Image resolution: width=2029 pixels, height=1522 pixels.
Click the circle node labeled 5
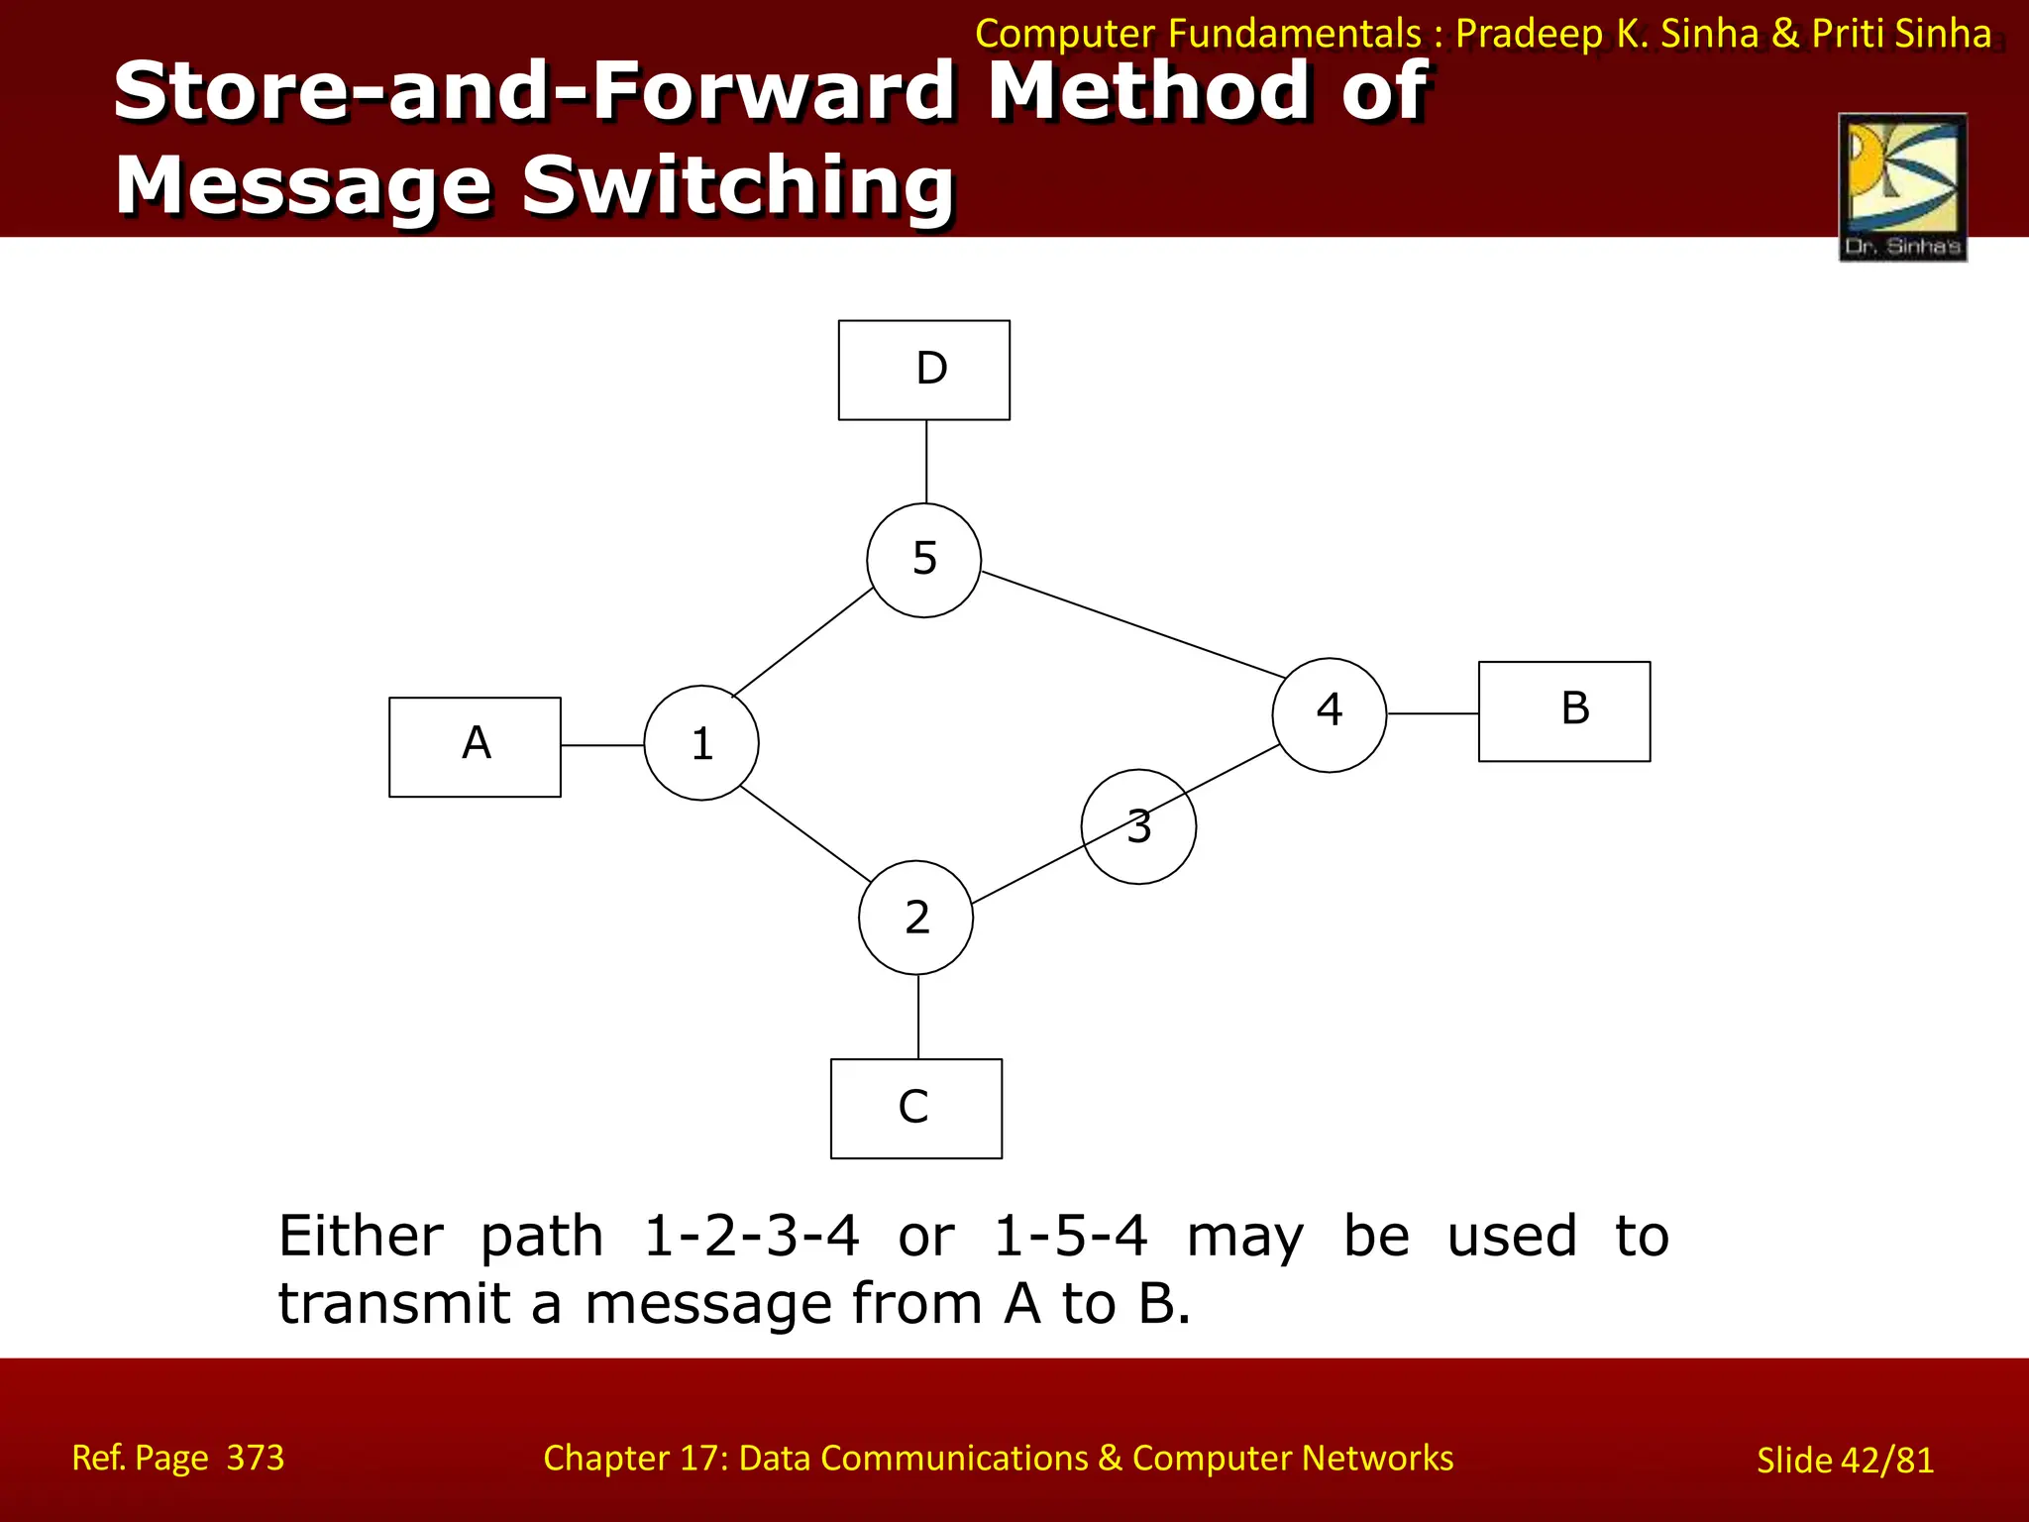[x=923, y=561]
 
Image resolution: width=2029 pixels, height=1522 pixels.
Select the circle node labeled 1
[x=701, y=743]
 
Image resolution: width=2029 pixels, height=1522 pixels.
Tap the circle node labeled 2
[x=915, y=918]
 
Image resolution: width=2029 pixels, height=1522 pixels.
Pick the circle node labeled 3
[x=1138, y=826]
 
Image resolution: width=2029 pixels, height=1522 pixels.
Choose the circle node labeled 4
[x=1329, y=714]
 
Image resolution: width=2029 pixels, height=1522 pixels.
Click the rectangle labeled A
[x=475, y=747]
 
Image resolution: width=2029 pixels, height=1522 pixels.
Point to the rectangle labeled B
[x=1563, y=711]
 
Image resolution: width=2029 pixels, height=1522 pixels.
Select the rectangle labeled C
[x=915, y=1108]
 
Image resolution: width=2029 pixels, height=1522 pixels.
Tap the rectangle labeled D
[x=923, y=370]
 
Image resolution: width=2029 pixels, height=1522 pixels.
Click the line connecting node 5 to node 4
[x=1132, y=624]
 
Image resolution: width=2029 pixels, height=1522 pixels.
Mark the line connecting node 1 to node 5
[x=802, y=642]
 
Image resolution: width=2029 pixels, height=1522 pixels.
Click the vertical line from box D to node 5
[x=926, y=462]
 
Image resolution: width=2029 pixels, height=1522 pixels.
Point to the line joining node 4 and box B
[x=1433, y=713]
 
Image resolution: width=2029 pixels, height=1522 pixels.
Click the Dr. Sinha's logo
[x=1902, y=187]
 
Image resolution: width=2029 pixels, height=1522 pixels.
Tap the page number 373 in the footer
[x=255, y=1458]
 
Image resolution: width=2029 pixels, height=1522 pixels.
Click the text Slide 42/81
[x=1845, y=1461]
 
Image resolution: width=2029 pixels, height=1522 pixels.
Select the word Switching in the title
[x=737, y=185]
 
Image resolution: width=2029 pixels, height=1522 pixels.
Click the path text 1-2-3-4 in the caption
[x=751, y=1237]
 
